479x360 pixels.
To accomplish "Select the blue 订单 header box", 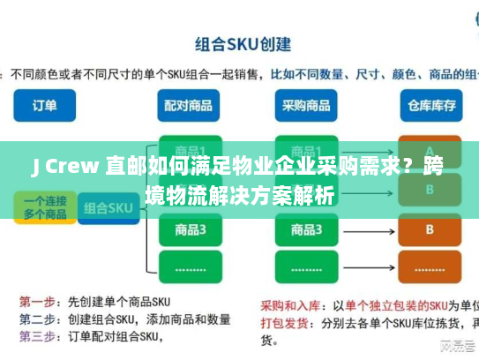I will click(45, 106).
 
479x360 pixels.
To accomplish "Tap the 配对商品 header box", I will click(187, 106).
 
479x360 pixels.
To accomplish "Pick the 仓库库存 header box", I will click(430, 106).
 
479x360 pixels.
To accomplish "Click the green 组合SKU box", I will click(108, 208).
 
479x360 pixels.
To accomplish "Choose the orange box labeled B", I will click(430, 230).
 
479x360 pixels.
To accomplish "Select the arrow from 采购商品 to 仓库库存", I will click(368, 106).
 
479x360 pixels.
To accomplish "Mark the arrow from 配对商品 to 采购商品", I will click(246, 106).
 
